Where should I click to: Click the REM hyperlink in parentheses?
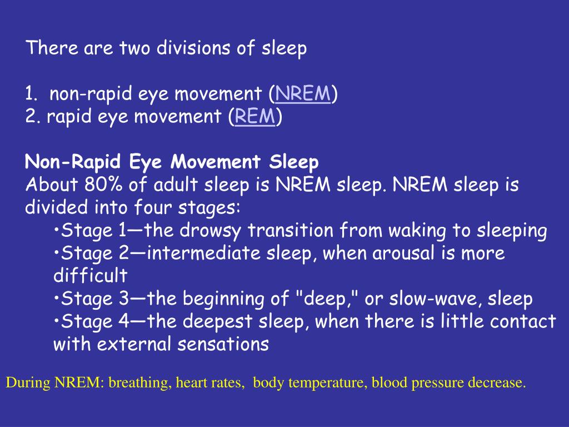(256, 117)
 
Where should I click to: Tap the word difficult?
(90, 275)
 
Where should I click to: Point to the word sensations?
(223, 344)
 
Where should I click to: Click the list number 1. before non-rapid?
(32, 95)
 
